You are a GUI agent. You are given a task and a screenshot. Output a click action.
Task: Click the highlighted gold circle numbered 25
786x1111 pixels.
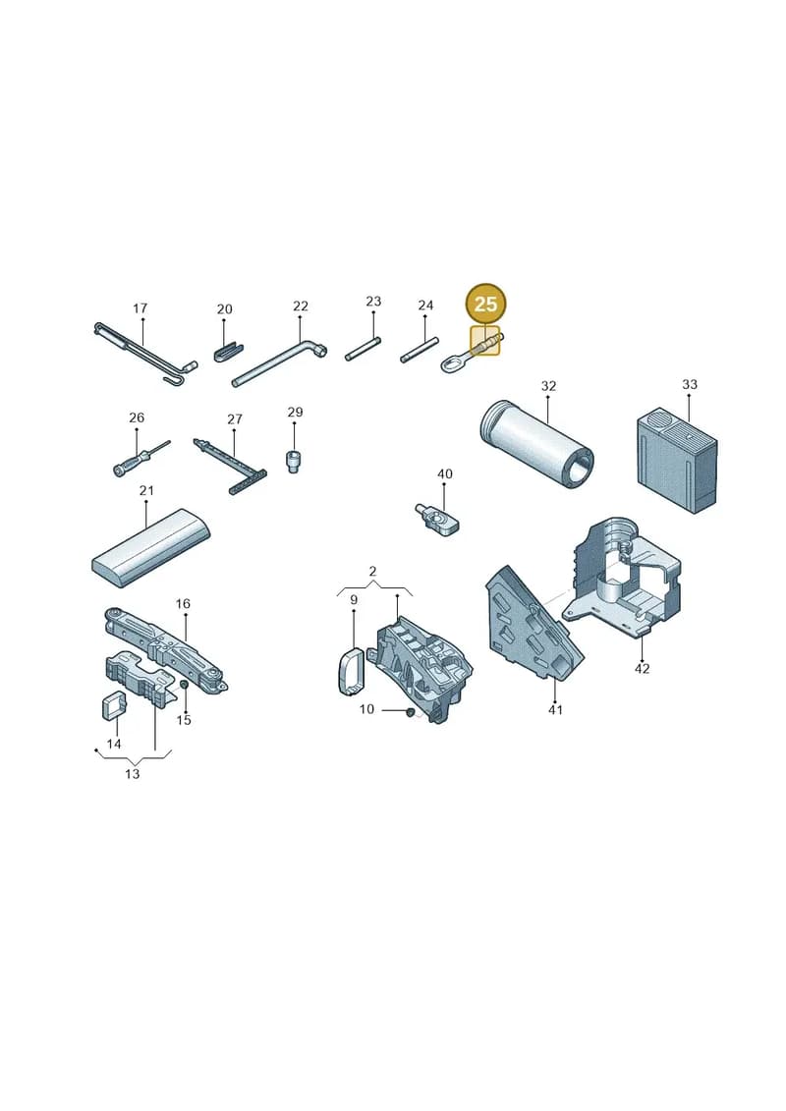click(485, 304)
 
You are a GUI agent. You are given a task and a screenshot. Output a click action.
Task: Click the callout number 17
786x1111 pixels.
click(140, 308)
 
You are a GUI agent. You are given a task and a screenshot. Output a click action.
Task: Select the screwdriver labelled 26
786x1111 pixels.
click(141, 459)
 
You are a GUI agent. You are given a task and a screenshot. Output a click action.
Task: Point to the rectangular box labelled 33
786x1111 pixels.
click(677, 459)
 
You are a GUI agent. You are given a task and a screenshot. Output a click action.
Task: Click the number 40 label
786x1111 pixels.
click(444, 474)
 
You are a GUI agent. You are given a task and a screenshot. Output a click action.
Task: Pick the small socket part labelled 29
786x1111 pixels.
click(294, 462)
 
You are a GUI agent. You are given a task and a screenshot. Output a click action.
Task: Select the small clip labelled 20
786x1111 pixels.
click(228, 352)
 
